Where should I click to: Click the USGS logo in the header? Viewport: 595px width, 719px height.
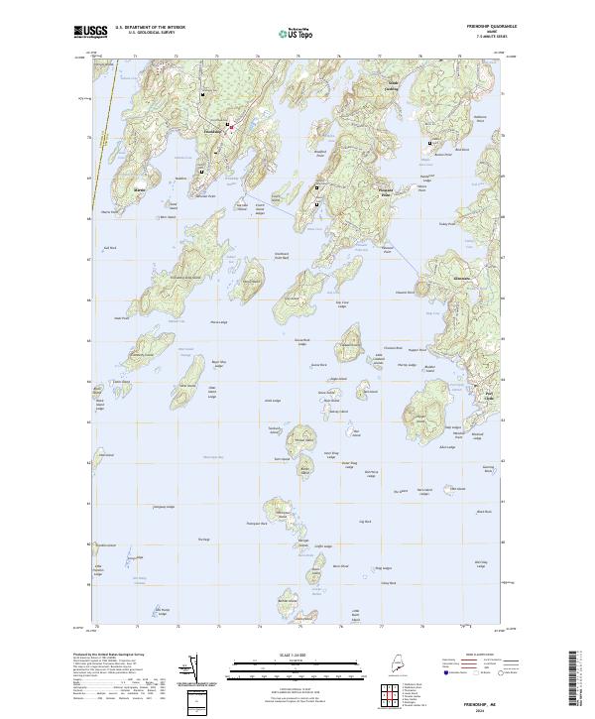(89, 32)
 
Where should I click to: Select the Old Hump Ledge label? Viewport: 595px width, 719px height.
(165, 610)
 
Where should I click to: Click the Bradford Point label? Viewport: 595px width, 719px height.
(320, 155)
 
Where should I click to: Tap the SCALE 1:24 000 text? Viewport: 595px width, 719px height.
(297, 657)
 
